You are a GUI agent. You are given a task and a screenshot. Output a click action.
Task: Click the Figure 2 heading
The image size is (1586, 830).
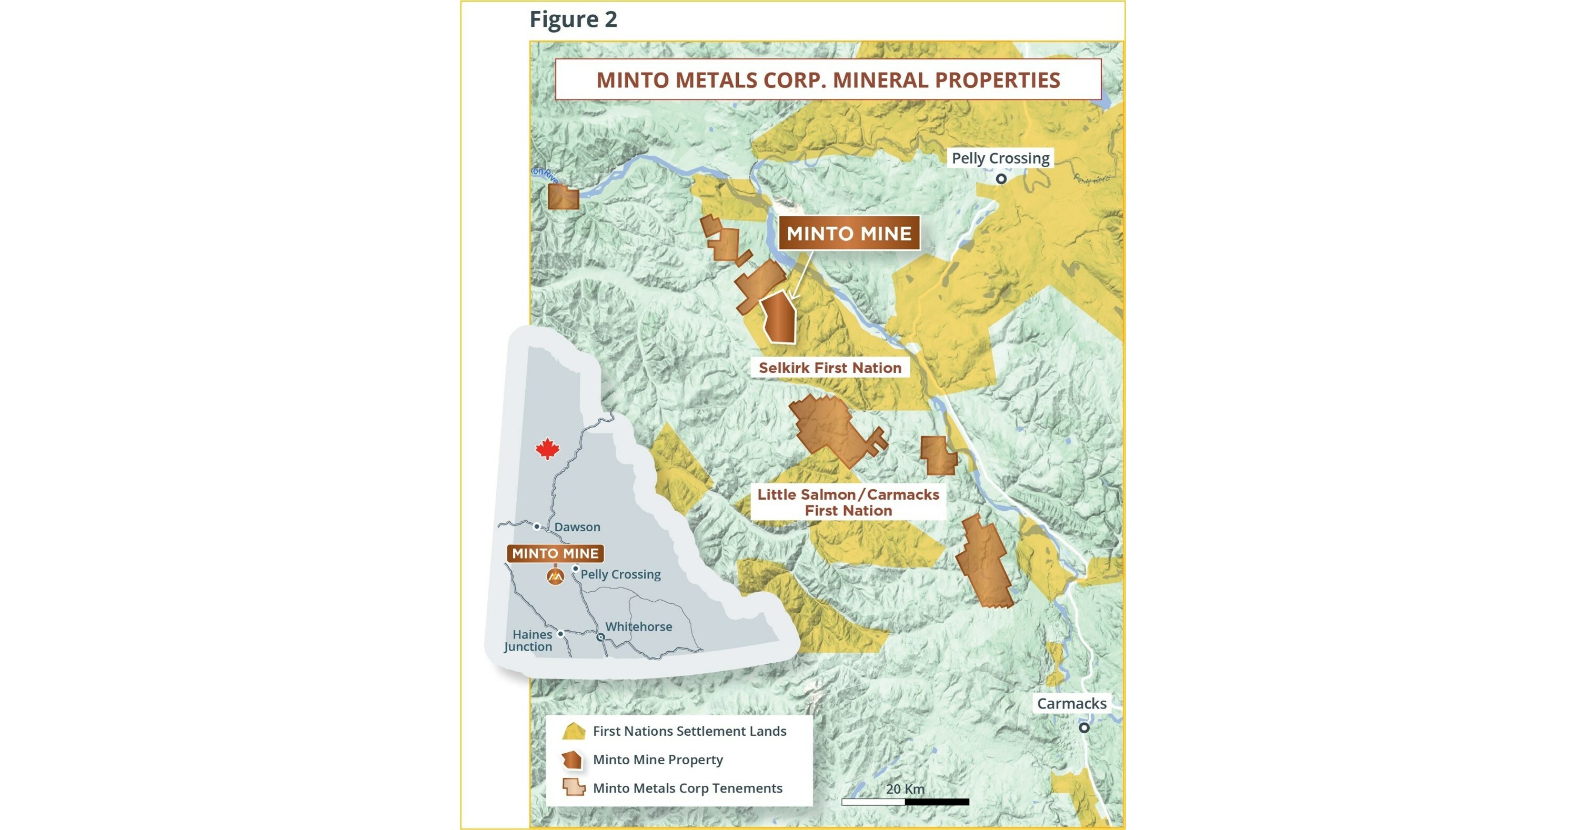573,19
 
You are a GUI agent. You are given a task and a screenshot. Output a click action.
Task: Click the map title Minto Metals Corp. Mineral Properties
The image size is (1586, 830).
828,80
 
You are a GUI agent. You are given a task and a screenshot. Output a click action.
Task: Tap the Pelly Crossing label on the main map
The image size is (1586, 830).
1000,158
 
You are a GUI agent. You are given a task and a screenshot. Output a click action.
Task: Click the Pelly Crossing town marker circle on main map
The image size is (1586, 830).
1001,179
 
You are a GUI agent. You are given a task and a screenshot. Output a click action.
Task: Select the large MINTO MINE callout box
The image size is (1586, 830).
848,233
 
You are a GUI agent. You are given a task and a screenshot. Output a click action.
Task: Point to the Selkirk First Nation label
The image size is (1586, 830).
829,368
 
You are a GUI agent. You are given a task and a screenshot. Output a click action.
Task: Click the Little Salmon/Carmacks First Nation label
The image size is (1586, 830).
848,502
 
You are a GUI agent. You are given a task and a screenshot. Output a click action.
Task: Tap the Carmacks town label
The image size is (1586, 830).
1071,703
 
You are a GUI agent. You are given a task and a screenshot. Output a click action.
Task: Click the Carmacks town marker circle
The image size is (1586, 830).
1084,728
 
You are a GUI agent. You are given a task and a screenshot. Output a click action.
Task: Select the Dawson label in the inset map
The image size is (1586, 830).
577,527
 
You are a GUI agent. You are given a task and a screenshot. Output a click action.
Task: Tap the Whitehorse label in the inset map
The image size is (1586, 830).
638,626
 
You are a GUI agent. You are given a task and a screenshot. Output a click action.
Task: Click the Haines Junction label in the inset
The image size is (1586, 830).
529,641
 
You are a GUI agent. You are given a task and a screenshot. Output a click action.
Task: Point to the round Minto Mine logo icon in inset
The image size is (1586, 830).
555,576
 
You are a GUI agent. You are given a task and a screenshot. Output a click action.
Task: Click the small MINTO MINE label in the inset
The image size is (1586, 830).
555,553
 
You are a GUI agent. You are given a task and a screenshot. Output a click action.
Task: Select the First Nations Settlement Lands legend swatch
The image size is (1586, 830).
573,731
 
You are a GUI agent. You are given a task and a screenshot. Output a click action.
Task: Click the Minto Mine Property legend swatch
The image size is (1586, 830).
573,760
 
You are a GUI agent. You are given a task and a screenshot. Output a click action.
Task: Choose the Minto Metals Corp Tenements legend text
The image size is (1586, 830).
687,788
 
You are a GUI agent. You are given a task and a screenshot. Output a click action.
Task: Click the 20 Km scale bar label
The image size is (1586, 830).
905,789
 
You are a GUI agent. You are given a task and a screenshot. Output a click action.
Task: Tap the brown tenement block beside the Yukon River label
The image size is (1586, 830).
563,197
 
